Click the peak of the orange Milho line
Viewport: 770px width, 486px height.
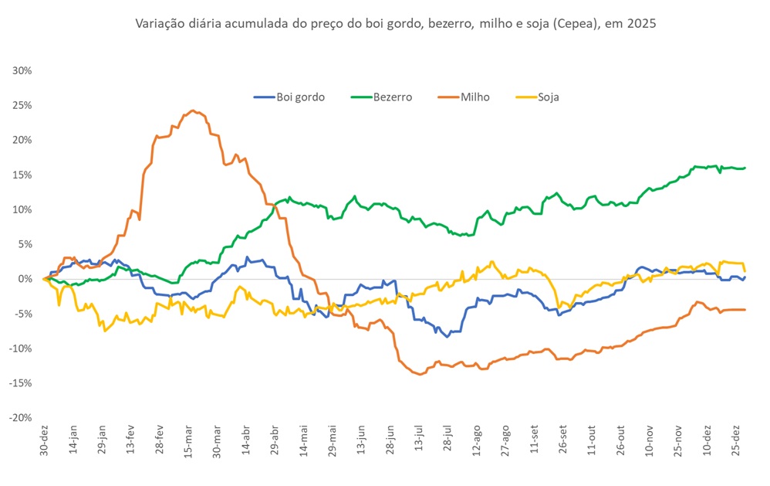point(192,110)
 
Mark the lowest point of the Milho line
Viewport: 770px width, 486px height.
point(420,374)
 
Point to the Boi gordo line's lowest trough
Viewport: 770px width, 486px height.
point(447,336)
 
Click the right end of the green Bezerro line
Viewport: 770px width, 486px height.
point(745,168)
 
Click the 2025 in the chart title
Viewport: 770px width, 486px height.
point(642,24)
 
